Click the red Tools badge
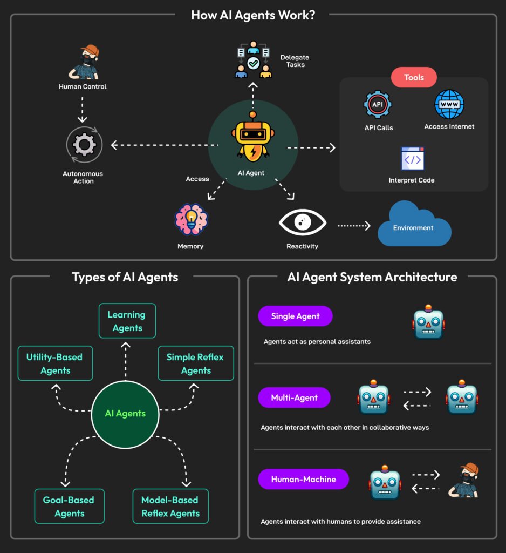point(414,77)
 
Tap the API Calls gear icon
point(378,105)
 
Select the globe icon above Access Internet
point(449,105)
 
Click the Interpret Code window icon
point(413,159)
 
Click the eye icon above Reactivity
point(302,222)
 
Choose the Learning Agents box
point(127,321)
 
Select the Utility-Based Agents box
point(55,363)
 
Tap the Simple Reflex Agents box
point(195,363)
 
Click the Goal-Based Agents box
point(70,506)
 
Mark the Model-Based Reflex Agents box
point(170,506)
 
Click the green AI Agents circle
point(125,414)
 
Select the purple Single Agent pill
point(295,316)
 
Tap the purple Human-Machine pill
point(303,479)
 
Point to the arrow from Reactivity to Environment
point(354,226)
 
